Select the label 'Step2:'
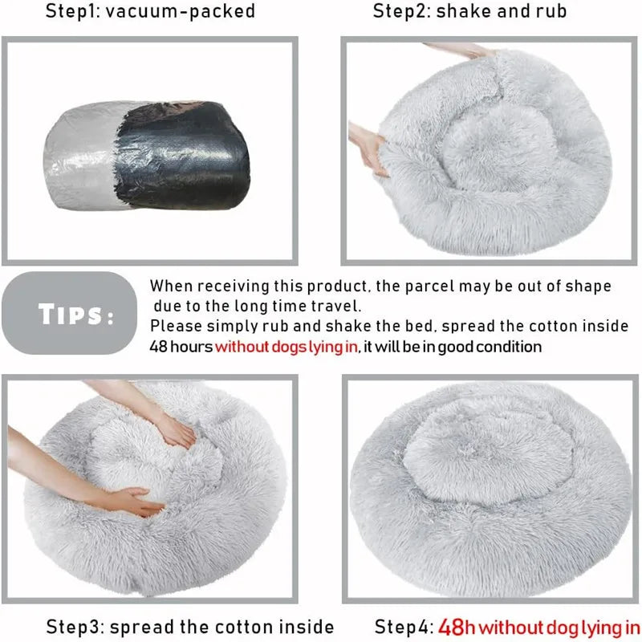(400, 11)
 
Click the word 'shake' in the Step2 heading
(464, 11)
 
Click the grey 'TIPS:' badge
(67, 314)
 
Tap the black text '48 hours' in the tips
(181, 347)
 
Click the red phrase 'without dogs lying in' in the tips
(286, 347)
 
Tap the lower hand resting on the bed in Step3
(132, 502)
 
